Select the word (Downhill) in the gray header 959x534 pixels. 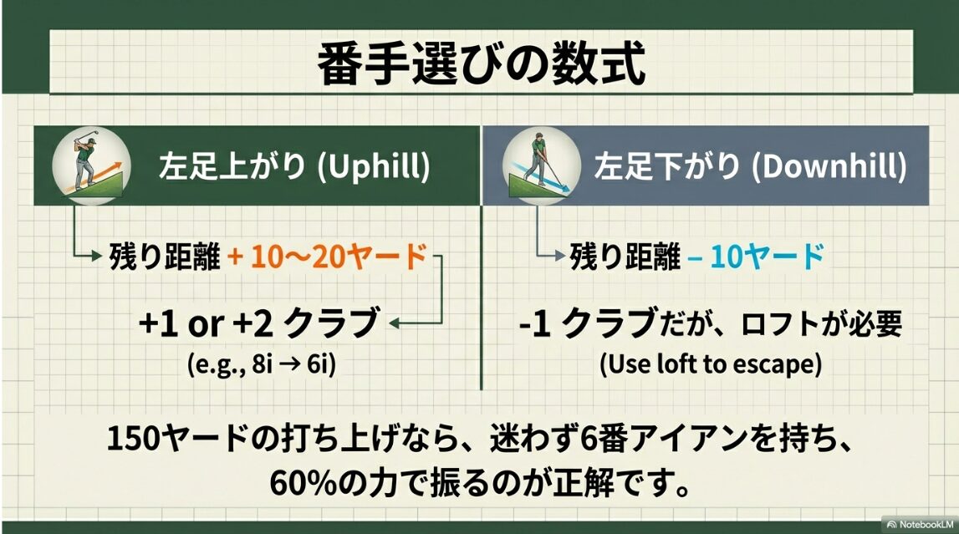(829, 166)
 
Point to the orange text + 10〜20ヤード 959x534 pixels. (327, 257)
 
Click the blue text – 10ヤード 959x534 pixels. (756, 257)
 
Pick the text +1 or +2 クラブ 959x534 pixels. (260, 323)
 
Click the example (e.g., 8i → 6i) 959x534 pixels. (260, 365)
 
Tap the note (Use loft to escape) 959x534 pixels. (710, 365)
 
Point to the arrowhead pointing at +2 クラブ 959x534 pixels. (395, 323)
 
